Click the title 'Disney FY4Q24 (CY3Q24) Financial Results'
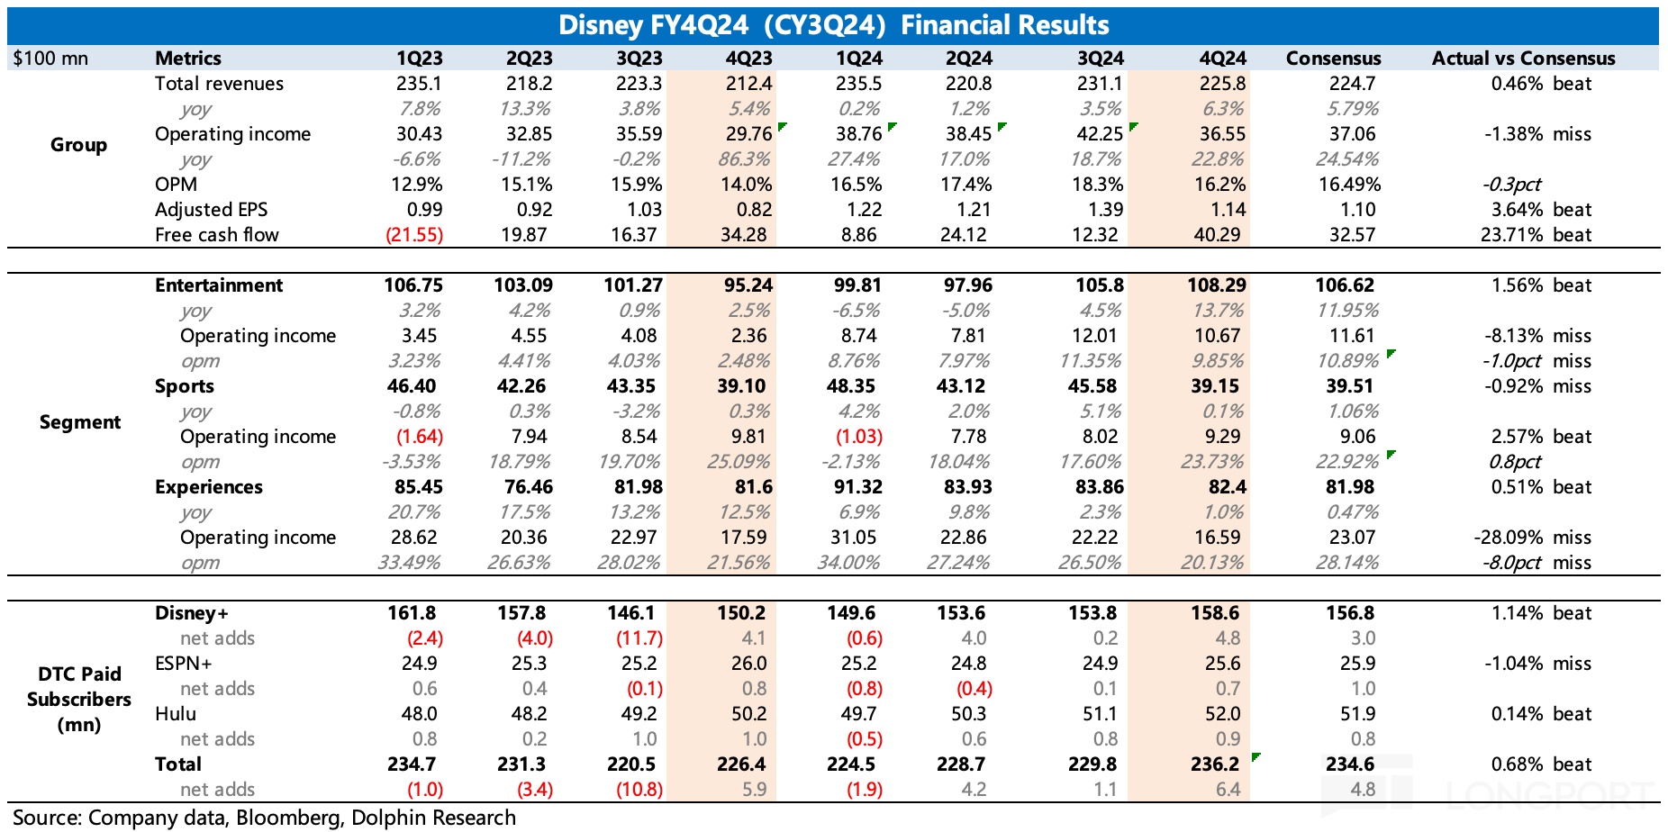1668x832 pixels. (x=833, y=24)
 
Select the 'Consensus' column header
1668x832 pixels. (x=1333, y=59)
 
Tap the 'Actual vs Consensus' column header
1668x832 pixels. (x=1523, y=59)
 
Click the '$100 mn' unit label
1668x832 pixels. (x=50, y=59)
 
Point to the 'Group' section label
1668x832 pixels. (x=78, y=145)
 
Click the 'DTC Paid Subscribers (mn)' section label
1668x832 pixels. (x=79, y=700)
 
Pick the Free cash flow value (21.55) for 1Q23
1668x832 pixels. (x=414, y=235)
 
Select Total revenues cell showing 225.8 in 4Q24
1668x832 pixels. (x=1222, y=84)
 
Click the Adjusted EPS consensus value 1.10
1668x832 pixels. (x=1357, y=210)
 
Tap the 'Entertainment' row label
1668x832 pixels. (x=219, y=285)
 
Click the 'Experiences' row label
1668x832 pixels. (x=209, y=487)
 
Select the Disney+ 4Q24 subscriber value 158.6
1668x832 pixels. (x=1215, y=613)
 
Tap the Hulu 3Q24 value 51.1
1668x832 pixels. (x=1100, y=714)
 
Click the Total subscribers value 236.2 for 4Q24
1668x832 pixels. (x=1215, y=764)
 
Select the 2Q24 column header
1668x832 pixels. (x=968, y=59)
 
